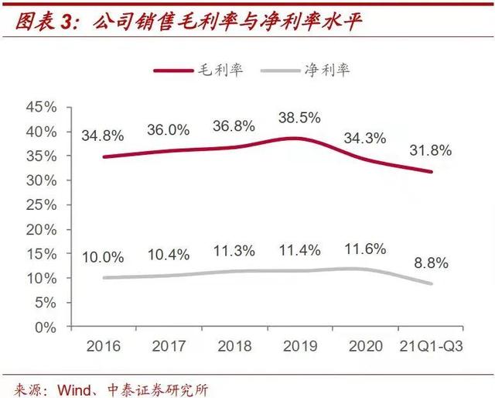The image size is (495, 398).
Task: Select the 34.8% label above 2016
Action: (102, 136)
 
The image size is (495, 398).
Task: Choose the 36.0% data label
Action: (168, 130)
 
